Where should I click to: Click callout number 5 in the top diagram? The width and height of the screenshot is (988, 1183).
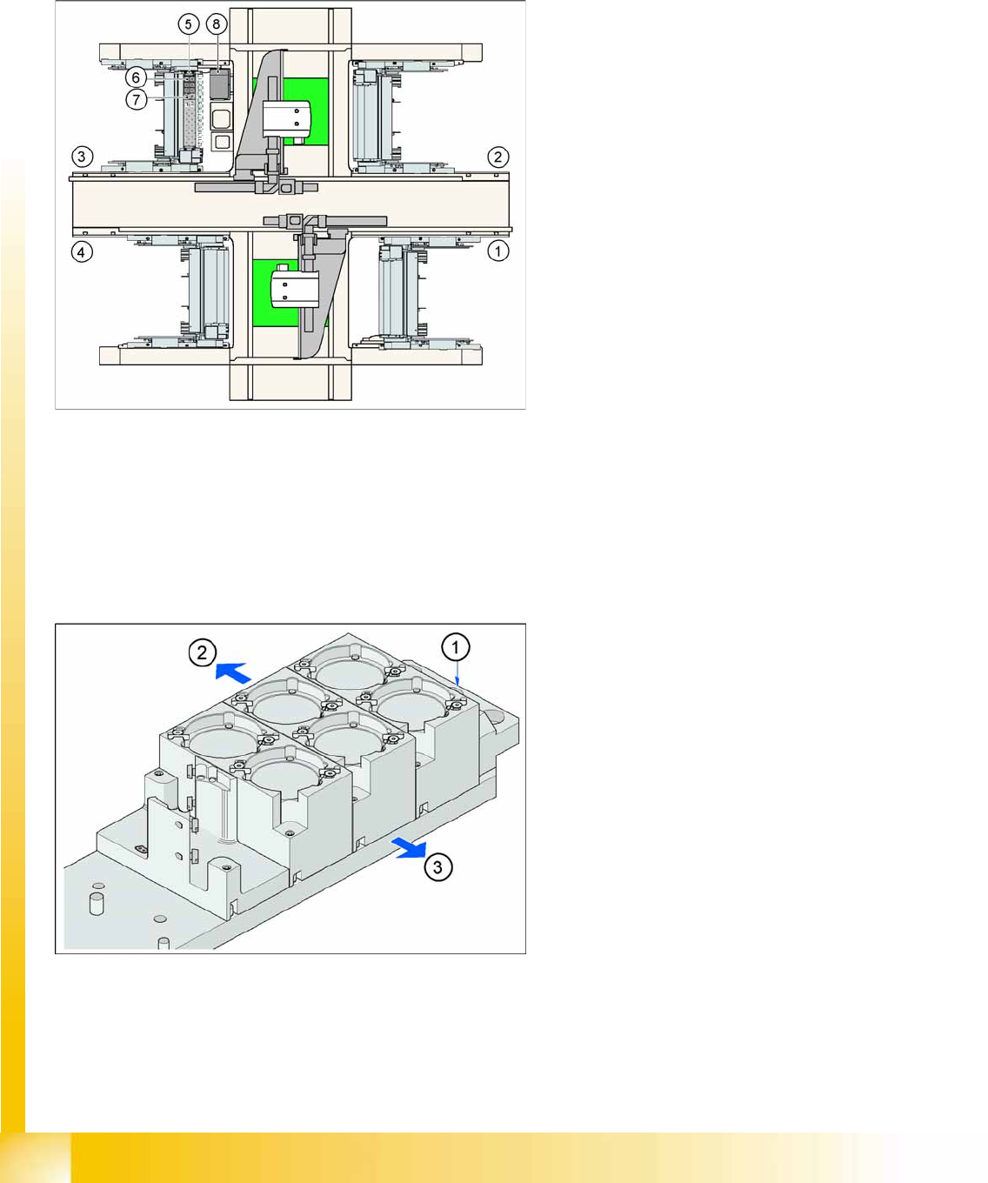click(x=189, y=24)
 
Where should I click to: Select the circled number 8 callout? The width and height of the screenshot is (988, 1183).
click(x=217, y=24)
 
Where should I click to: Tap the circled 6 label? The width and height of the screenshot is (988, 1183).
click(x=136, y=77)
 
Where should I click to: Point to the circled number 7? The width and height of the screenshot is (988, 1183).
click(x=136, y=100)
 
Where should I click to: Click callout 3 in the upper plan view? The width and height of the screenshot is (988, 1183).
click(x=82, y=157)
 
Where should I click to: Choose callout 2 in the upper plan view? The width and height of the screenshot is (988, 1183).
click(x=498, y=157)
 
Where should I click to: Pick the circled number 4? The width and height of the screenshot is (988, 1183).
click(x=82, y=252)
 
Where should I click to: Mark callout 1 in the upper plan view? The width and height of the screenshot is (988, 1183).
click(x=498, y=251)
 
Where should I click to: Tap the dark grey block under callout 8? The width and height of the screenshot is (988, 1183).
click(x=218, y=84)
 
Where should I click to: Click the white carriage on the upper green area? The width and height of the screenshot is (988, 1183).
click(x=287, y=119)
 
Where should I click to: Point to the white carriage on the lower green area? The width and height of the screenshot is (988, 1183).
click(x=295, y=289)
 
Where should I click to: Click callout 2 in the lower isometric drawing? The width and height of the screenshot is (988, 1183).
click(x=203, y=652)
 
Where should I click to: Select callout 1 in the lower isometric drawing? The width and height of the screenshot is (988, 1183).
click(x=456, y=647)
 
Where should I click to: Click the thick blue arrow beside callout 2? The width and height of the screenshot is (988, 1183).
click(x=233, y=672)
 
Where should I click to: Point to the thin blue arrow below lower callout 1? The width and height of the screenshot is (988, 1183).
click(x=457, y=674)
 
